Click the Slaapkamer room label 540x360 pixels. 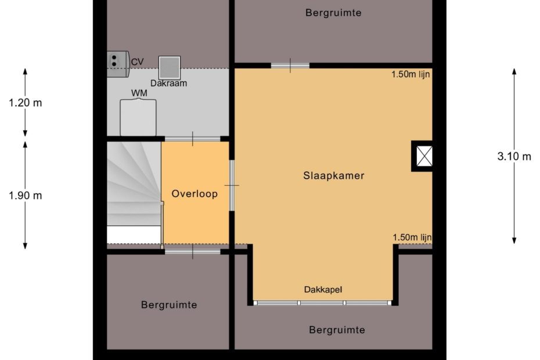pyautogui.click(x=334, y=176)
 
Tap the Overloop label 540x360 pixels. pyautogui.click(x=195, y=193)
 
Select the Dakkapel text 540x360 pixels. pyautogui.click(x=323, y=290)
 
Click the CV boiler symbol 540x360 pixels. pyautogui.click(x=118, y=64)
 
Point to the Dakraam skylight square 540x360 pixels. pyautogui.click(x=170, y=67)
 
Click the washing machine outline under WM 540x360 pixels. pyautogui.click(x=138, y=117)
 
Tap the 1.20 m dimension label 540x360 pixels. pyautogui.click(x=26, y=103)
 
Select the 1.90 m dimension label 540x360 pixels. pyautogui.click(x=26, y=196)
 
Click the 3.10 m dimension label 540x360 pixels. pyautogui.click(x=514, y=156)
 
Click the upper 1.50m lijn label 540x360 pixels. pyautogui.click(x=411, y=74)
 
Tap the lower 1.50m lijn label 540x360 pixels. pyautogui.click(x=412, y=237)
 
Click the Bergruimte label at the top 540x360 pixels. pyautogui.click(x=333, y=13)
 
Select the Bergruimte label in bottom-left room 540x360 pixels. pyautogui.click(x=169, y=305)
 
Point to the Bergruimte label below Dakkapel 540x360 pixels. pyautogui.click(x=337, y=330)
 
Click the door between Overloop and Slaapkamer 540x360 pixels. pyautogui.click(x=232, y=185)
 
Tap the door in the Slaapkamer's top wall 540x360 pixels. pyautogui.click(x=290, y=66)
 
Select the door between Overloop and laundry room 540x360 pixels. pyautogui.click(x=193, y=139)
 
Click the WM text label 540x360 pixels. pyautogui.click(x=139, y=93)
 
